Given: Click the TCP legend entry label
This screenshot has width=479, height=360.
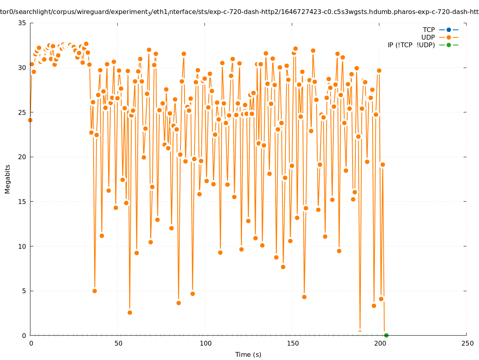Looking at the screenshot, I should [429, 30].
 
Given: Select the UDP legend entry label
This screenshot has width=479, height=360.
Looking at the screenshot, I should [428, 37].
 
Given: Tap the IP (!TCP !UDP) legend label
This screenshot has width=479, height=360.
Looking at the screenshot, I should [411, 45].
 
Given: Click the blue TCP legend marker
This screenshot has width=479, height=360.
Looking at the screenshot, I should [449, 30].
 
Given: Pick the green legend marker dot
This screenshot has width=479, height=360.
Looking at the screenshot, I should [449, 45].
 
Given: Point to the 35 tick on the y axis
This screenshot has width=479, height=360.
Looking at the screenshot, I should [22, 23].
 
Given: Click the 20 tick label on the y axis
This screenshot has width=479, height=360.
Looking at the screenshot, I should [22, 157].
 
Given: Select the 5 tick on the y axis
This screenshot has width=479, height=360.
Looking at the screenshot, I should [24, 291].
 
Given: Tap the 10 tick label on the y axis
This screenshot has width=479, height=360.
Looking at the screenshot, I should [22, 246].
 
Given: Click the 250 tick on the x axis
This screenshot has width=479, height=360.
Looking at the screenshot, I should [467, 343].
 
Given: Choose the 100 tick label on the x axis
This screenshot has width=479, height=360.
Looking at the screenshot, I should [205, 343].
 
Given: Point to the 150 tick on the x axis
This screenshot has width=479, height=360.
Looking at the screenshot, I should [293, 343].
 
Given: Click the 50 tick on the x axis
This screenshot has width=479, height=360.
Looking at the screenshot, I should [118, 343].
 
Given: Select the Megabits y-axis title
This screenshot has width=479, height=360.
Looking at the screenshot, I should [8, 179].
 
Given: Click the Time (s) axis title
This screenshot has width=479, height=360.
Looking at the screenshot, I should [248, 354].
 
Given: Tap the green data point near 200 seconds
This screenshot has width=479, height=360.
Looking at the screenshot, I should [386, 335].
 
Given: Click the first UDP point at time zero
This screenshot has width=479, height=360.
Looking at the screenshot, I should [30, 120].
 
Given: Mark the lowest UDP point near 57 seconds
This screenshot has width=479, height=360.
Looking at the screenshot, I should [130, 312].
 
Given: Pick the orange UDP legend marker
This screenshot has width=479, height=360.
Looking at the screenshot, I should [449, 37].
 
